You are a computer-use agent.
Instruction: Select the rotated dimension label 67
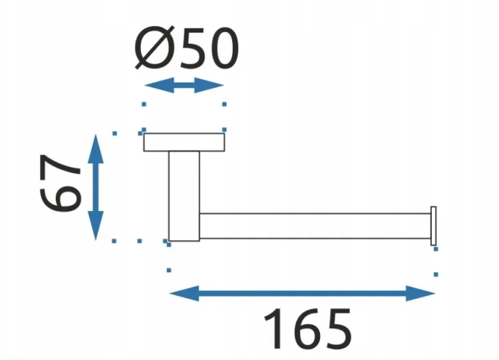pyautogui.click(x=60, y=183)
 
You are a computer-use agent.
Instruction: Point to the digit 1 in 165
pyautogui.click(x=273, y=329)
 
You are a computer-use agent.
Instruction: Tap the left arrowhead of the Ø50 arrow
pyautogui.click(x=159, y=85)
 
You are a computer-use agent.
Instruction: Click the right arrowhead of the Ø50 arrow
pyautogui.click(x=209, y=85)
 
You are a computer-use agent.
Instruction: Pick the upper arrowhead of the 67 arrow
pyautogui.click(x=95, y=149)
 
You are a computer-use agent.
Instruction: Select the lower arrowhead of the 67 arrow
pyautogui.click(x=95, y=226)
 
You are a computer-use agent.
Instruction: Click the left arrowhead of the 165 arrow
pyautogui.click(x=184, y=293)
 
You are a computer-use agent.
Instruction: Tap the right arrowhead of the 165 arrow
pyautogui.click(x=420, y=293)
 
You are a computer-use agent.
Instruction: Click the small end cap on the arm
pyautogui.click(x=433, y=226)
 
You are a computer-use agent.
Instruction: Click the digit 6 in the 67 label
pyautogui.click(x=60, y=198)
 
